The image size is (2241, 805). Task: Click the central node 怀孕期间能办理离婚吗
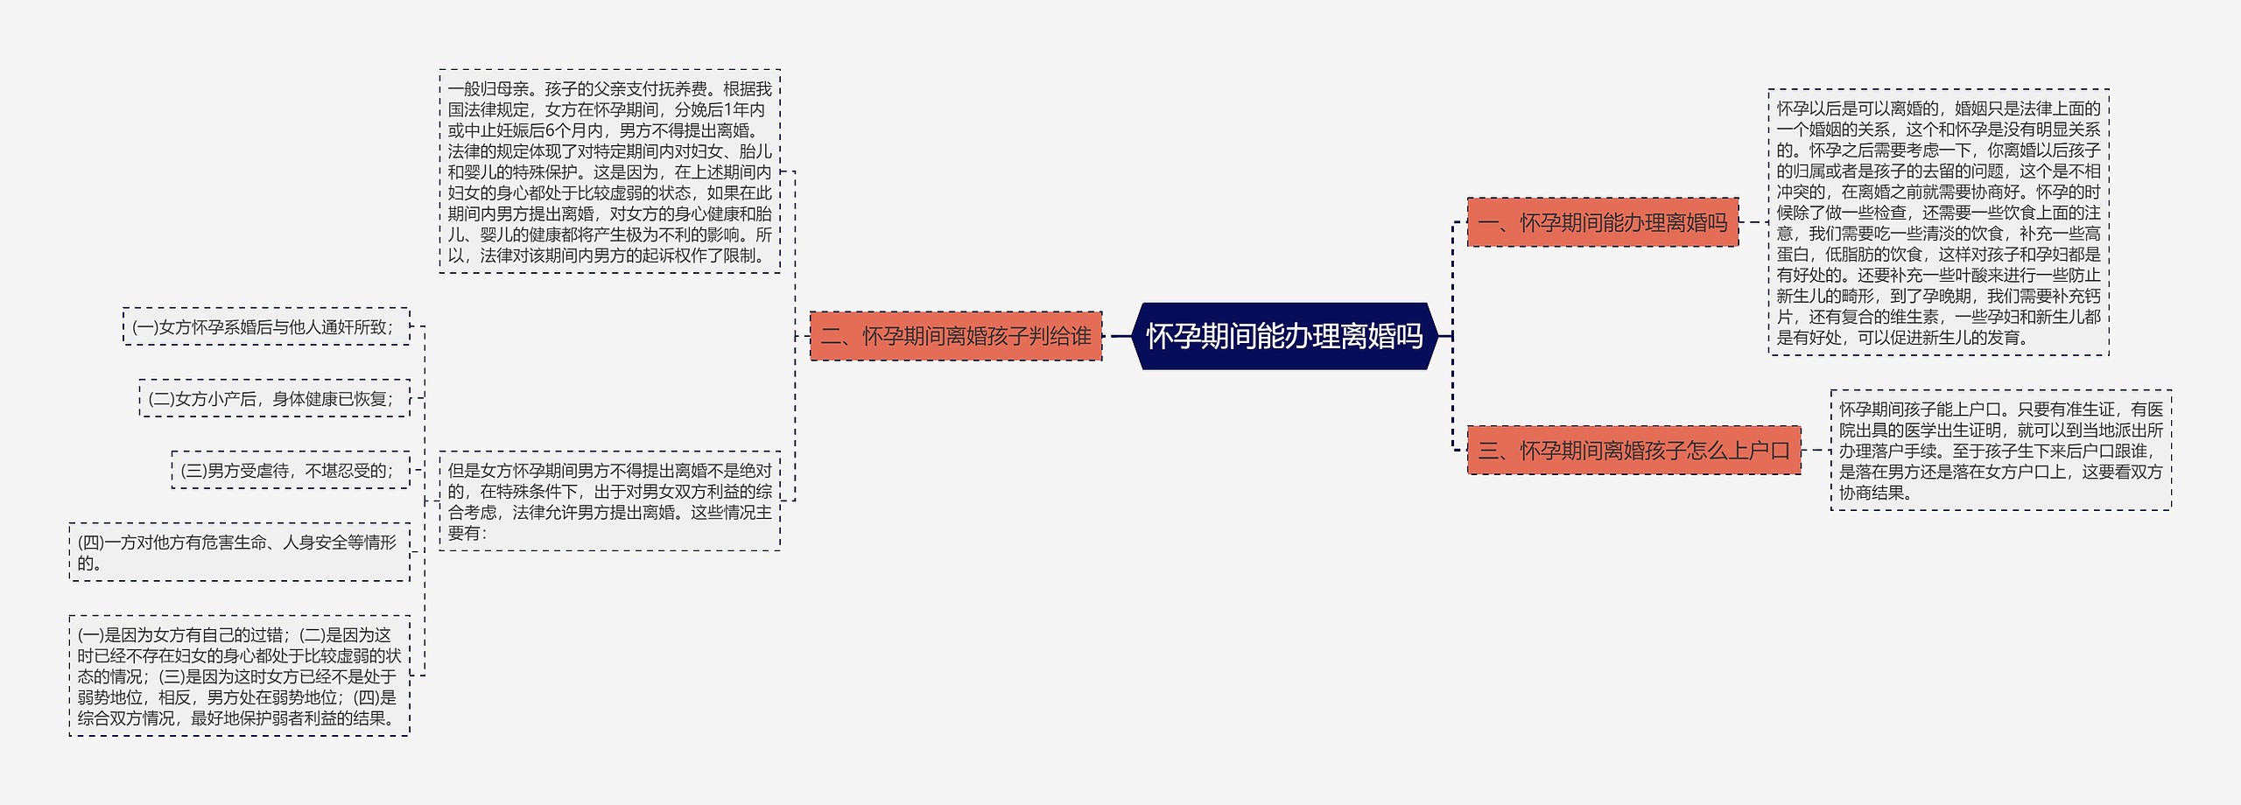click(1284, 336)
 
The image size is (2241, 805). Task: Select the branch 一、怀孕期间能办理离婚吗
click(1602, 222)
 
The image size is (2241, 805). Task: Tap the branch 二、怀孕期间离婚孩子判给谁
click(955, 336)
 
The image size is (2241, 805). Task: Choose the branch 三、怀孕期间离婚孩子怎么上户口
click(1633, 451)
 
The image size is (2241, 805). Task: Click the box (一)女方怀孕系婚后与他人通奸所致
click(266, 326)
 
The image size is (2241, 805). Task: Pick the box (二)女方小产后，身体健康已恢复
click(274, 398)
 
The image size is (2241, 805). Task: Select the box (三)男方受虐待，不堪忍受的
click(290, 470)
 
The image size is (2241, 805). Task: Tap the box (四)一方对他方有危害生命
click(239, 552)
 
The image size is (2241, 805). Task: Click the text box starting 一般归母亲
click(609, 171)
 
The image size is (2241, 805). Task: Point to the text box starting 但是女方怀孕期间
click(609, 501)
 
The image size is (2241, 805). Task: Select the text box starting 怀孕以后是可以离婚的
click(1938, 222)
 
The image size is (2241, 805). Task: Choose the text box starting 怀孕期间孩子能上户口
click(2000, 451)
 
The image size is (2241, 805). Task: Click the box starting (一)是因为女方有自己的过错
click(239, 675)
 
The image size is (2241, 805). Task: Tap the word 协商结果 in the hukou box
click(1871, 493)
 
